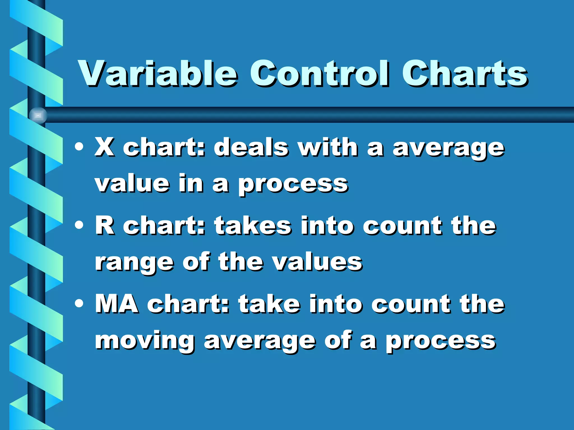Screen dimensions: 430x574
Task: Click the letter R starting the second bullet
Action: pos(104,226)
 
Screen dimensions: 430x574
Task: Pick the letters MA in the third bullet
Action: pos(116,304)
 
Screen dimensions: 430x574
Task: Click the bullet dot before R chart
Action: pos(79,225)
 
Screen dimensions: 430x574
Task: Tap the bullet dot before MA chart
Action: pos(79,303)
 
